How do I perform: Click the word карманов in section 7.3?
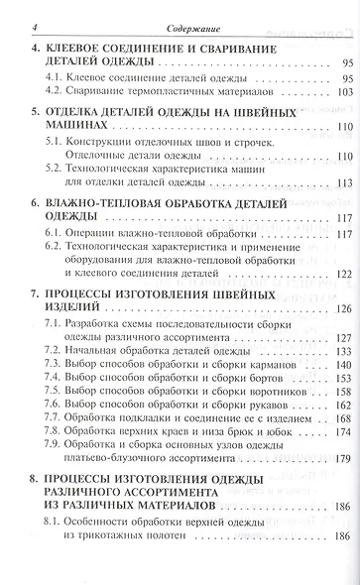pyautogui.click(x=263, y=366)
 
